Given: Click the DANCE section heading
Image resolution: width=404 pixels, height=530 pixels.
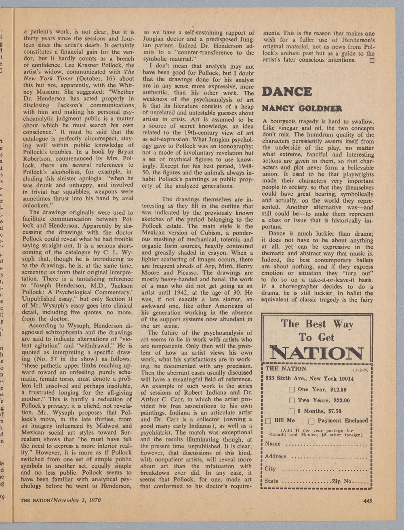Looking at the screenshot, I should [287, 92].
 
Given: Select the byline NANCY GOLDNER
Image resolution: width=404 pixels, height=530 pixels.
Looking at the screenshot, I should [302, 108].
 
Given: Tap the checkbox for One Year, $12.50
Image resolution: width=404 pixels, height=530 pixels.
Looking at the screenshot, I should [292, 390].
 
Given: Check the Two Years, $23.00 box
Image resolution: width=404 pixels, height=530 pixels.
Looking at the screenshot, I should [292, 400].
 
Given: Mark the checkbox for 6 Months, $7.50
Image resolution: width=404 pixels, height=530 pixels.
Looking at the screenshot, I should [292, 411].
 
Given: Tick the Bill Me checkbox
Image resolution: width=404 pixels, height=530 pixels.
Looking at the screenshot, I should [268, 421].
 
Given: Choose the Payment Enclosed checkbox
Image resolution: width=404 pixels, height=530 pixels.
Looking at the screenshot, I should [311, 421].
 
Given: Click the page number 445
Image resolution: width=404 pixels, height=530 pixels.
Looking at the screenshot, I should [367, 501].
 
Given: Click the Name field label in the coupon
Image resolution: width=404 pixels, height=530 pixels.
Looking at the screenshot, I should [273, 444].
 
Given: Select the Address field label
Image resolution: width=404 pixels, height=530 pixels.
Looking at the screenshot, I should [276, 456].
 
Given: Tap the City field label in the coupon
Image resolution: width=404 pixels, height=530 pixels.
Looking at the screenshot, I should [270, 469].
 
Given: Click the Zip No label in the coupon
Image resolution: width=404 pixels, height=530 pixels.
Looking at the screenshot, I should [343, 481].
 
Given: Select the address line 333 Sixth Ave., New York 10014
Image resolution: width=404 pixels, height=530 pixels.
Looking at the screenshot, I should [309, 379].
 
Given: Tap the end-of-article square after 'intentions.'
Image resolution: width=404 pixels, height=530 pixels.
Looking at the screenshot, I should [372, 60].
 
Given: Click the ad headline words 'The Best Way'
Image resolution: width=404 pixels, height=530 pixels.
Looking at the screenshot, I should [317, 324].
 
